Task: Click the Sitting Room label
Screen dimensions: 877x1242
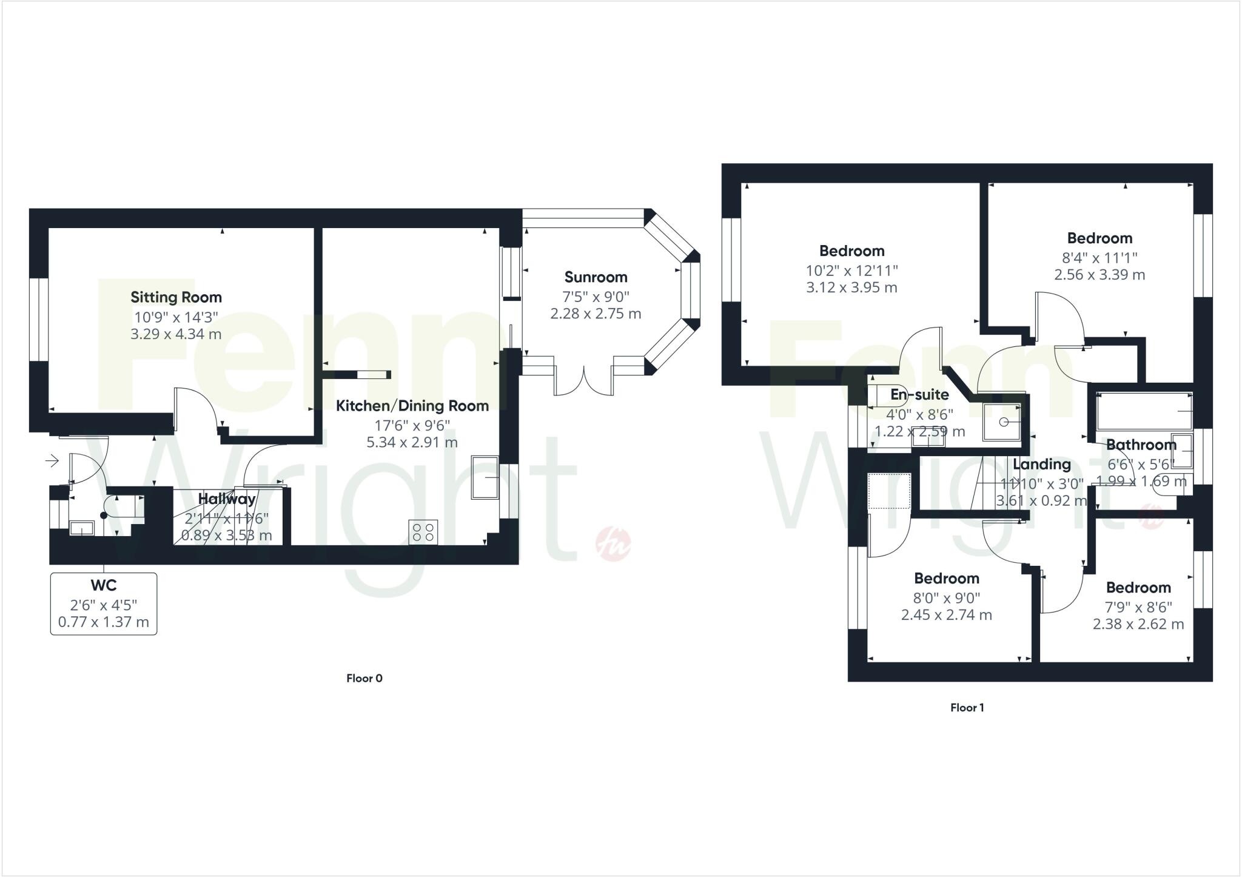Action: point(176,297)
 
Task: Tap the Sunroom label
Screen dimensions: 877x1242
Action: point(596,277)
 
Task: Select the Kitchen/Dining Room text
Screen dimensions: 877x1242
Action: point(412,406)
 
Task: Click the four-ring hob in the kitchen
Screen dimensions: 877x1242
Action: point(423,533)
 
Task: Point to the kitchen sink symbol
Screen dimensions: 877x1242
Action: point(485,477)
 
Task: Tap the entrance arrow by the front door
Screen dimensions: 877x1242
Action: point(52,462)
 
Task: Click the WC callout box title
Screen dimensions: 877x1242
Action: point(104,586)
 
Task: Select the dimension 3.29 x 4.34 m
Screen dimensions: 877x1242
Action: point(176,334)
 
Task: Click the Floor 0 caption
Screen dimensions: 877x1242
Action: point(364,678)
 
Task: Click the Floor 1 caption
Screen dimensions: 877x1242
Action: point(967,707)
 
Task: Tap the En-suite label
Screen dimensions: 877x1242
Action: point(919,395)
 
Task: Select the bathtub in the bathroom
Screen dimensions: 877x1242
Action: point(1144,411)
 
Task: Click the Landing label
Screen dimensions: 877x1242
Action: point(1042,465)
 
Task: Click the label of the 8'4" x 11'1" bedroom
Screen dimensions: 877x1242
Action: point(1099,238)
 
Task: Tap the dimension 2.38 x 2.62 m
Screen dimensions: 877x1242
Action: point(1138,624)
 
